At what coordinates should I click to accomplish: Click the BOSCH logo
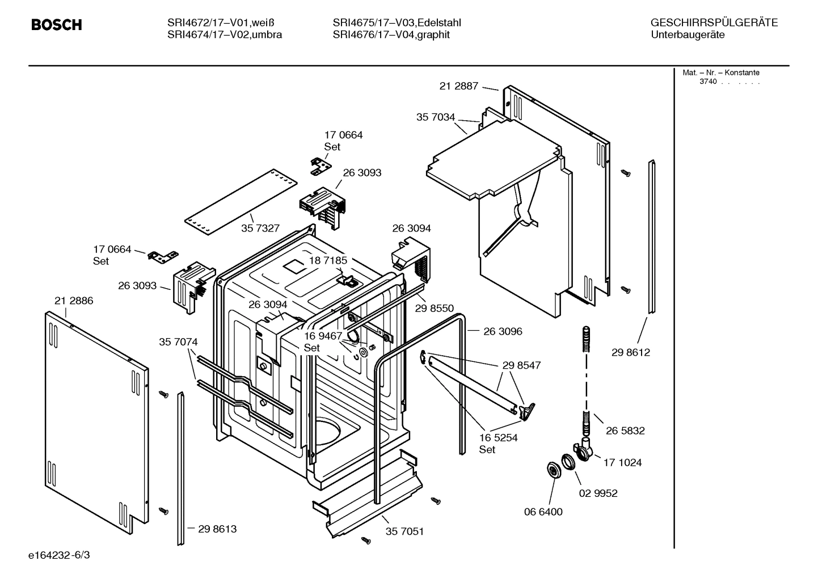point(57,25)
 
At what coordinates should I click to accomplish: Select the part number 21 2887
point(458,86)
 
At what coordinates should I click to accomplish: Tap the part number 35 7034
point(436,117)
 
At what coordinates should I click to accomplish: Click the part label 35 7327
point(260,229)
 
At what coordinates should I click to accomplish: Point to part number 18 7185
point(328,260)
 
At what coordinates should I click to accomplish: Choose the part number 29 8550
point(435,308)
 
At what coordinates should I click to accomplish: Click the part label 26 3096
point(503,331)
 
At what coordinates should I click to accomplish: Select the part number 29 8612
point(631,352)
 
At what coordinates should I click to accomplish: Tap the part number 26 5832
point(625,431)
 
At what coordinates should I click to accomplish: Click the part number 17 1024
point(622,463)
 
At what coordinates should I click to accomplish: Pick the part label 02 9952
point(598,493)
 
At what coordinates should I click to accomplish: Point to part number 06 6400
point(543,512)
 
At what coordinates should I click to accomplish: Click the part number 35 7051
point(404,531)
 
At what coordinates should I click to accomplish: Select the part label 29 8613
point(217,529)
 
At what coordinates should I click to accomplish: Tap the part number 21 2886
point(74,301)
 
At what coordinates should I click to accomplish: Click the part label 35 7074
point(178,342)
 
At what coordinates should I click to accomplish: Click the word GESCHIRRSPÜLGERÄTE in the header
point(714,23)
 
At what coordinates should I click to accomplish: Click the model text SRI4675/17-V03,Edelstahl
point(397,23)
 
